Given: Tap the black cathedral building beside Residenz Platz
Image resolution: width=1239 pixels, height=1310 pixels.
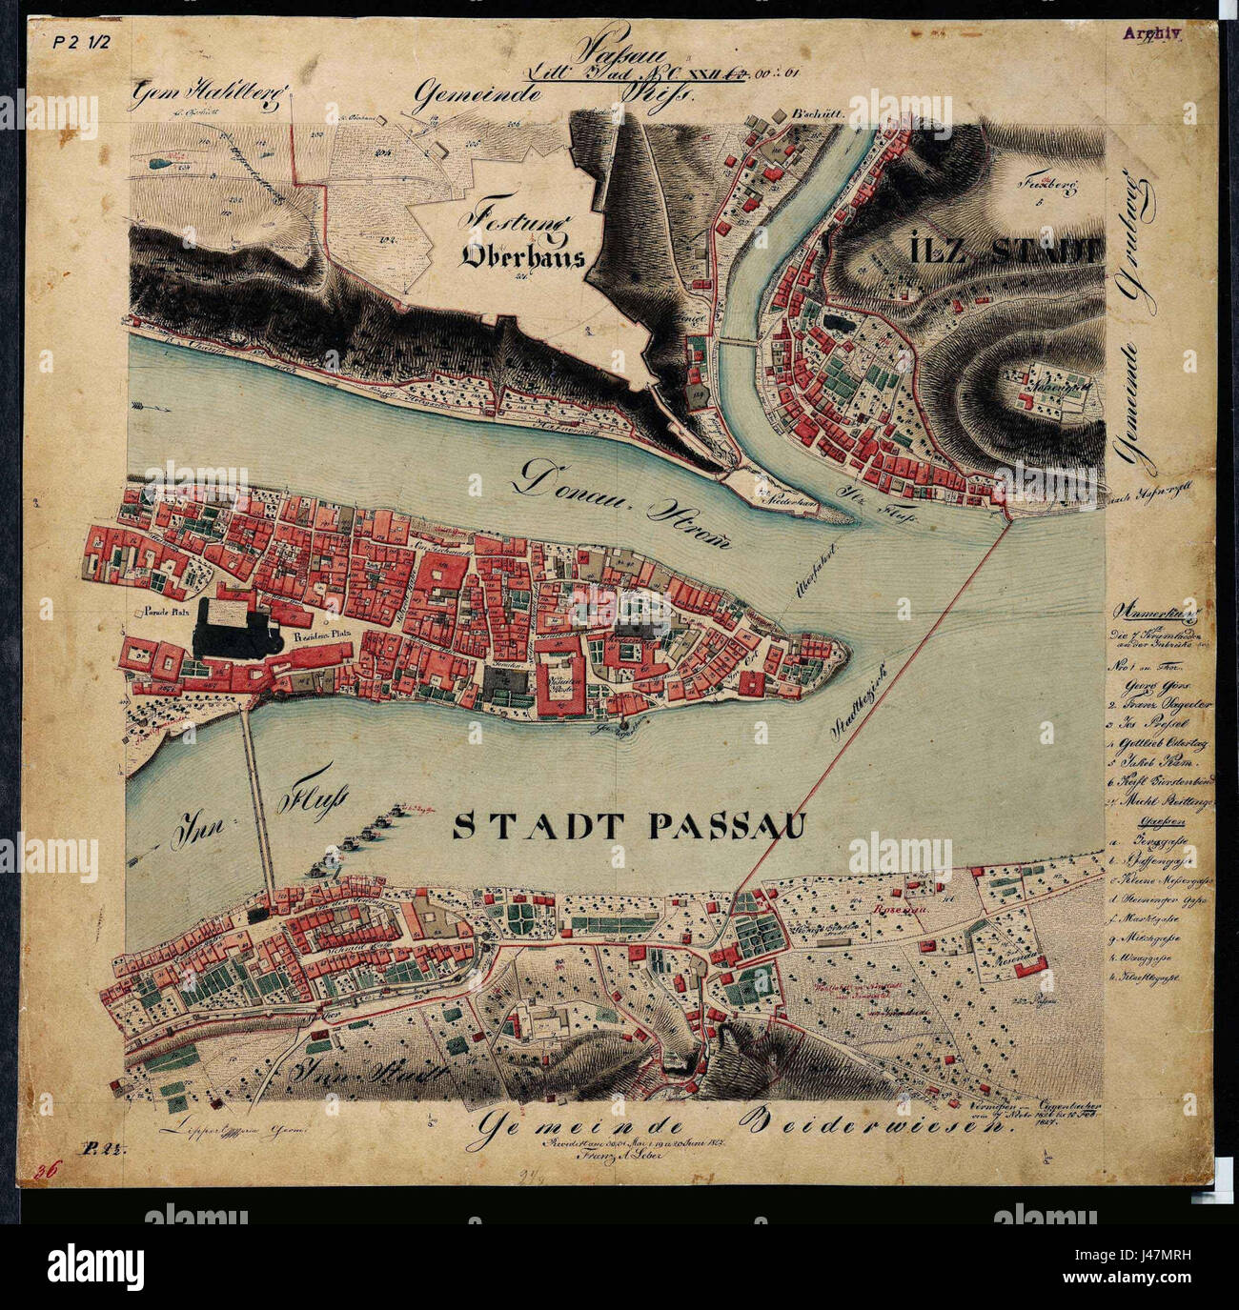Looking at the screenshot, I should (236, 629).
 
